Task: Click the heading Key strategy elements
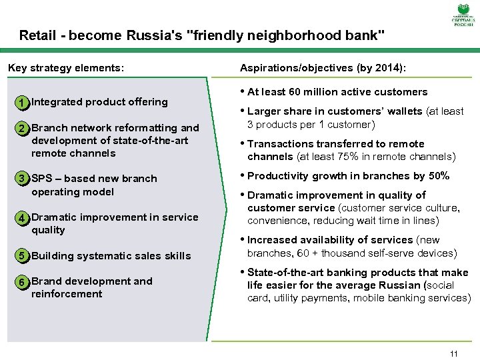point(65,67)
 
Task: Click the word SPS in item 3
point(42,179)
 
